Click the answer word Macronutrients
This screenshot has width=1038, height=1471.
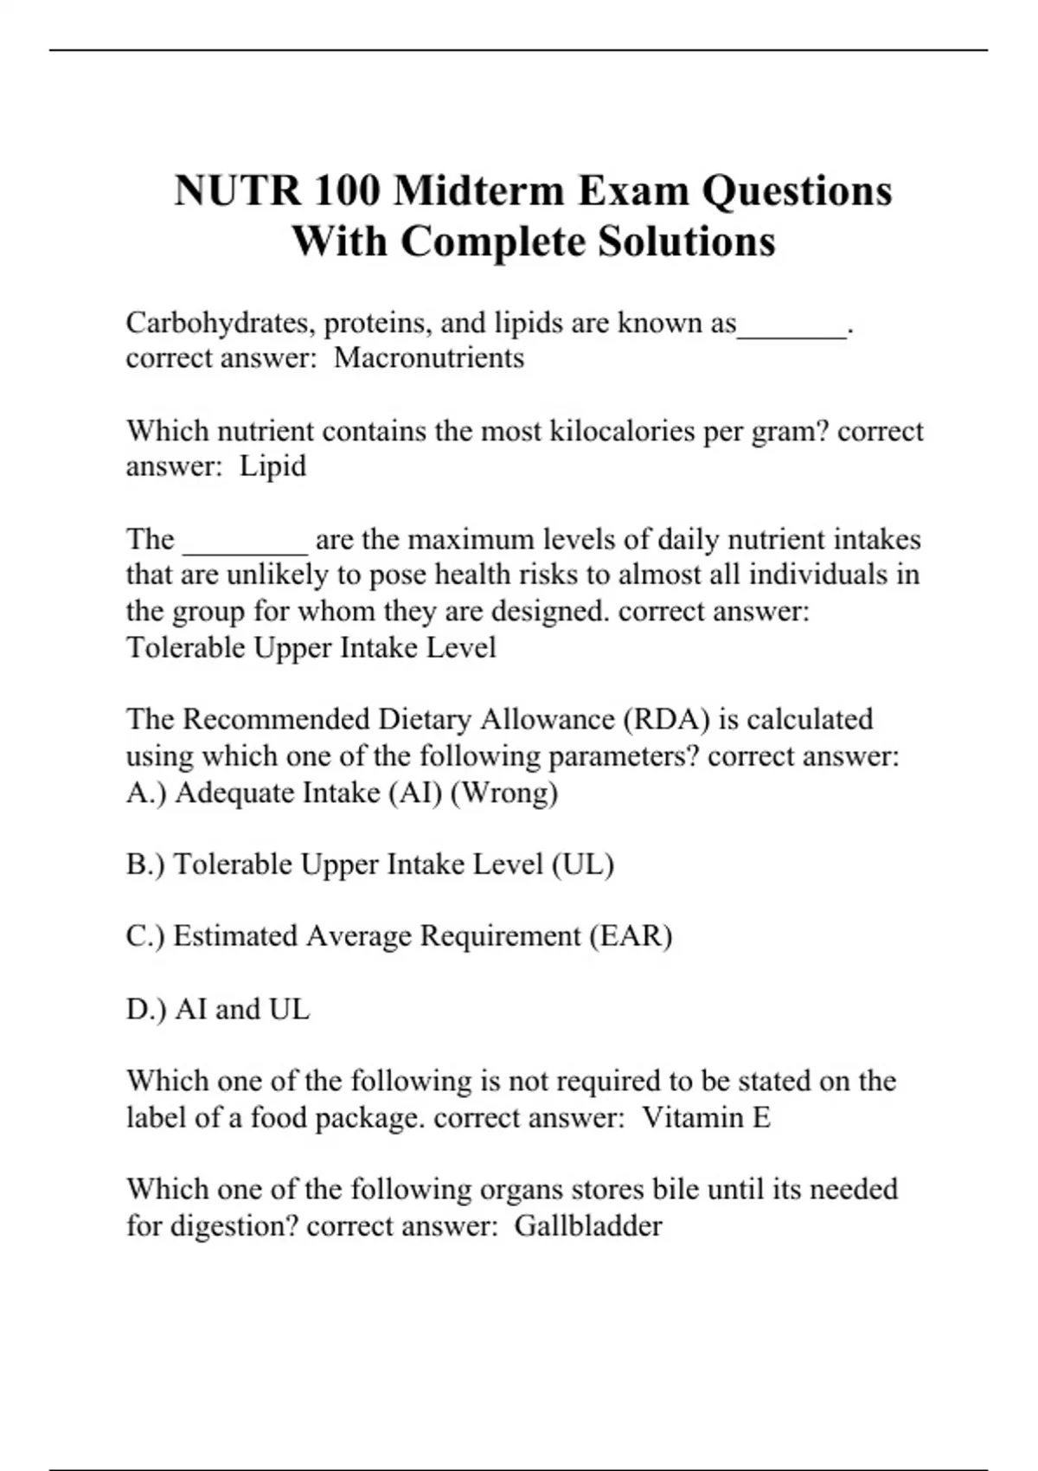point(429,357)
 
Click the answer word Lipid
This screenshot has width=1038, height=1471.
point(272,466)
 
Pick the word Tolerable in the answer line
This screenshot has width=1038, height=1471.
point(185,647)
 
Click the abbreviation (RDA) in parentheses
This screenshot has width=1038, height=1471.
point(665,719)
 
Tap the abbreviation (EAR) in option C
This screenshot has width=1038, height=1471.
point(631,936)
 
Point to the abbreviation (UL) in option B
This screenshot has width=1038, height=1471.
point(582,864)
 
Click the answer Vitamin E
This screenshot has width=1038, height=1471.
point(706,1118)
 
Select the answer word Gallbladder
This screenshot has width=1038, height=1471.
point(588,1226)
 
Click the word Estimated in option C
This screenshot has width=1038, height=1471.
point(235,936)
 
